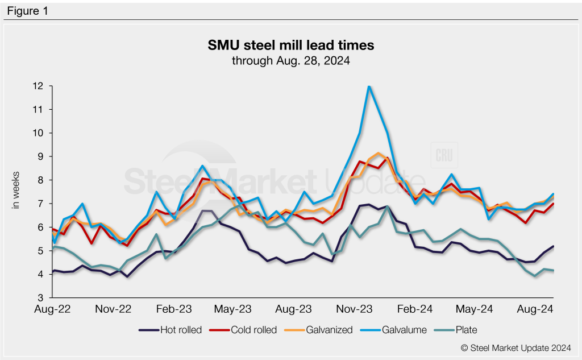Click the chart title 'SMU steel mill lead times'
click(x=290, y=45)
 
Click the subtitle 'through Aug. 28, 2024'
click(x=290, y=60)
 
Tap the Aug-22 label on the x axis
click(x=52, y=309)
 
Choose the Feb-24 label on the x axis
click(x=415, y=309)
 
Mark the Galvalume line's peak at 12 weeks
click(x=369, y=86)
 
